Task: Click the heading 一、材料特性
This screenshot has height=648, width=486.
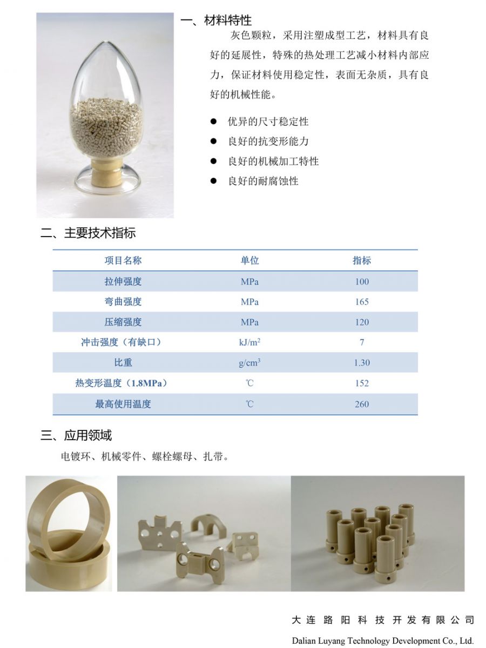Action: [216, 21]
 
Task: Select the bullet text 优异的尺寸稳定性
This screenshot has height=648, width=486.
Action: [268, 122]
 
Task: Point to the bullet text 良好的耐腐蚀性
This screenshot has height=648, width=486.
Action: [263, 181]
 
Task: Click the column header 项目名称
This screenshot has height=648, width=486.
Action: [123, 260]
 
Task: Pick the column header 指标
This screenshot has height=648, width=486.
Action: [362, 260]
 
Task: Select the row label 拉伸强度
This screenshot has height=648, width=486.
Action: [123, 281]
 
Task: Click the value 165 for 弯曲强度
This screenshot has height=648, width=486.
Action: [362, 302]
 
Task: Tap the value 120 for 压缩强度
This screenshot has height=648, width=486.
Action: [362, 322]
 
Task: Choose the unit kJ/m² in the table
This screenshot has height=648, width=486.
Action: [250, 342]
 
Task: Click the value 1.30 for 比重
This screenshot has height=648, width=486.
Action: [362, 363]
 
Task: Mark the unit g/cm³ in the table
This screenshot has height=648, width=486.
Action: [249, 363]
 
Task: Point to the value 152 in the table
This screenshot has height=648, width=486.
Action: [362, 383]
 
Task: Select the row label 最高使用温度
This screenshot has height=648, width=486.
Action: [123, 404]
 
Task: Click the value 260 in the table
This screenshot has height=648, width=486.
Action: [362, 404]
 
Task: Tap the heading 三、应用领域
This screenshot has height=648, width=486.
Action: [76, 435]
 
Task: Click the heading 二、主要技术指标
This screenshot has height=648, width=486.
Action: [88, 233]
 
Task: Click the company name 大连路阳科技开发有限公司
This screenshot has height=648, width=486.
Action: [383, 620]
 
